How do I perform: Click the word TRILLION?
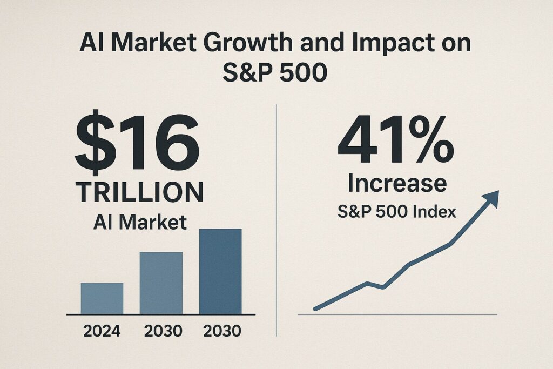139,192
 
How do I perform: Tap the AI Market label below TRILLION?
140,222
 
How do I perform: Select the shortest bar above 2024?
102,298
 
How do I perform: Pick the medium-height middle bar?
161,283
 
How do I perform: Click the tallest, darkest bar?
220,271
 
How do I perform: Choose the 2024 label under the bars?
102,331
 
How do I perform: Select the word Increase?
397,183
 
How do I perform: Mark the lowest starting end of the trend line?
316,308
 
